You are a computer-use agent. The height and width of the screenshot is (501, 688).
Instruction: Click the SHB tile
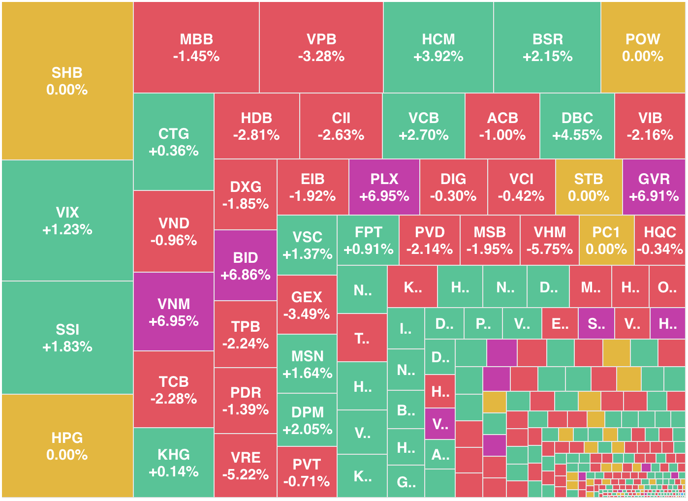67,81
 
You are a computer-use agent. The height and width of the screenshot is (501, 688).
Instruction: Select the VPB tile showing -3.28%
321,48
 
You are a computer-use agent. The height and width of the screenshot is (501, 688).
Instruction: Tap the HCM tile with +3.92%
438,48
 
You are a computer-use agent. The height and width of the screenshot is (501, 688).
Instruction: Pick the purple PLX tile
384,188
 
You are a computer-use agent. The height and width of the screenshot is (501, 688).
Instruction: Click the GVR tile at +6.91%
654,188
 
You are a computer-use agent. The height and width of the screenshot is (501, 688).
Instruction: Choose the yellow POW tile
642,48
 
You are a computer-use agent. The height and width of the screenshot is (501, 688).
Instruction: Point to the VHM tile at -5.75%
550,241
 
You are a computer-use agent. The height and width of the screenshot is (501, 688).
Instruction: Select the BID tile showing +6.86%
246,266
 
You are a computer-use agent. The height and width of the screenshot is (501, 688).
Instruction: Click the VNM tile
174,312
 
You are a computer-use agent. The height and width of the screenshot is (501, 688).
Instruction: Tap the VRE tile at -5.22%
246,466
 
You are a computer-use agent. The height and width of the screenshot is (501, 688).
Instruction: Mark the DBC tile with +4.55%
577,126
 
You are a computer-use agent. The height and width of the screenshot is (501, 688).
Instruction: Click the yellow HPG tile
67,446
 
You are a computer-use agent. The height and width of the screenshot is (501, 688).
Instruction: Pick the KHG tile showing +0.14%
174,463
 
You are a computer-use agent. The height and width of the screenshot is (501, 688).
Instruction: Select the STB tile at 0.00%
589,188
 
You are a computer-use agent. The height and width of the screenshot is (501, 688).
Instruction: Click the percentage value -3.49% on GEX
307,314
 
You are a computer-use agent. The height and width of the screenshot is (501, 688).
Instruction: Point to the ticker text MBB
196,39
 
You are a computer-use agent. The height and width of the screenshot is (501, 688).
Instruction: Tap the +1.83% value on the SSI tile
67,347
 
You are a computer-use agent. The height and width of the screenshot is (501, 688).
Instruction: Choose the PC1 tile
606,241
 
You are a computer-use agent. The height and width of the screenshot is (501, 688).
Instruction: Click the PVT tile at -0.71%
307,472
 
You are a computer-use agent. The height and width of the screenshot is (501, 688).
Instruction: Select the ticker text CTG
174,134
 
